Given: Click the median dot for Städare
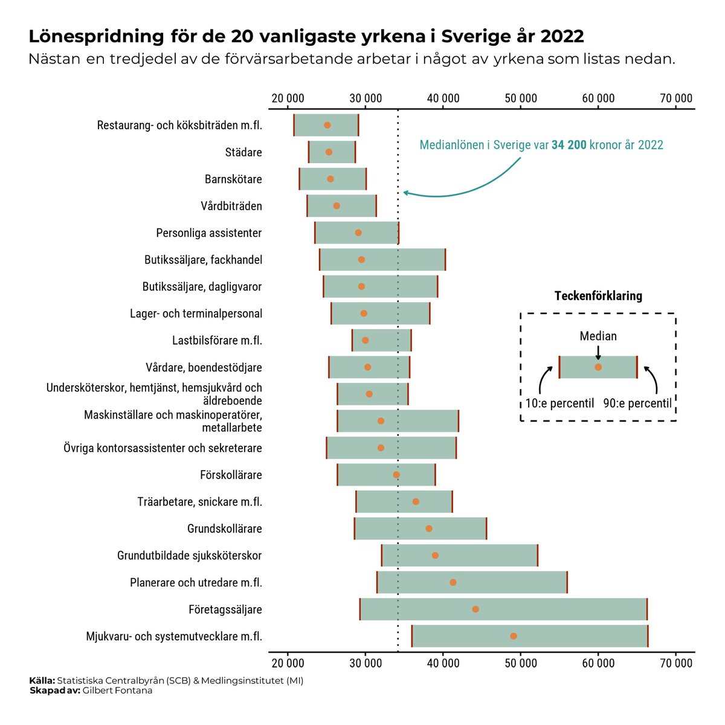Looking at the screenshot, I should pos(329,152).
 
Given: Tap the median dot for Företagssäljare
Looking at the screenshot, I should pos(475,609).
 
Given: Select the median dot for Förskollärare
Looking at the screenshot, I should pos(396,475).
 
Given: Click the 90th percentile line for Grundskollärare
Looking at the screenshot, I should pos(486,529).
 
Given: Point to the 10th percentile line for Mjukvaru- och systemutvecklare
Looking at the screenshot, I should pos(412,636).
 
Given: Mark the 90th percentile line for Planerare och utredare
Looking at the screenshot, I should pos(567,582).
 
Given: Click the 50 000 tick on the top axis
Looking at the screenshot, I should pos(520,98).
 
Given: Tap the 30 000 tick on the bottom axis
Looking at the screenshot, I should pos(365,663).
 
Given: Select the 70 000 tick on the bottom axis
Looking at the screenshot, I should pos(675,663).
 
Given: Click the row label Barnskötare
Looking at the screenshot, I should pos(233,179).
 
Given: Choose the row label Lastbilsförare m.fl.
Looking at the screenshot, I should pos(217,341).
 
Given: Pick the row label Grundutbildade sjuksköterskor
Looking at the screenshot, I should pos(189,556).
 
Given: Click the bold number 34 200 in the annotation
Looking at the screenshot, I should pos(569,146).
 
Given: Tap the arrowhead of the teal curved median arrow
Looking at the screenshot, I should pos(405,193).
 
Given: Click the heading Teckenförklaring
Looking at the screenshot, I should pos(598,296).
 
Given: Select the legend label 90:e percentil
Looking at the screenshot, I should pos(637,404).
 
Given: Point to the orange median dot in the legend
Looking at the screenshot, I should pos(598,367).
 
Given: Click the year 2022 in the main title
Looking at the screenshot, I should pos(562,36).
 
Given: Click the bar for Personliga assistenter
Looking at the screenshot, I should pos(356,233).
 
